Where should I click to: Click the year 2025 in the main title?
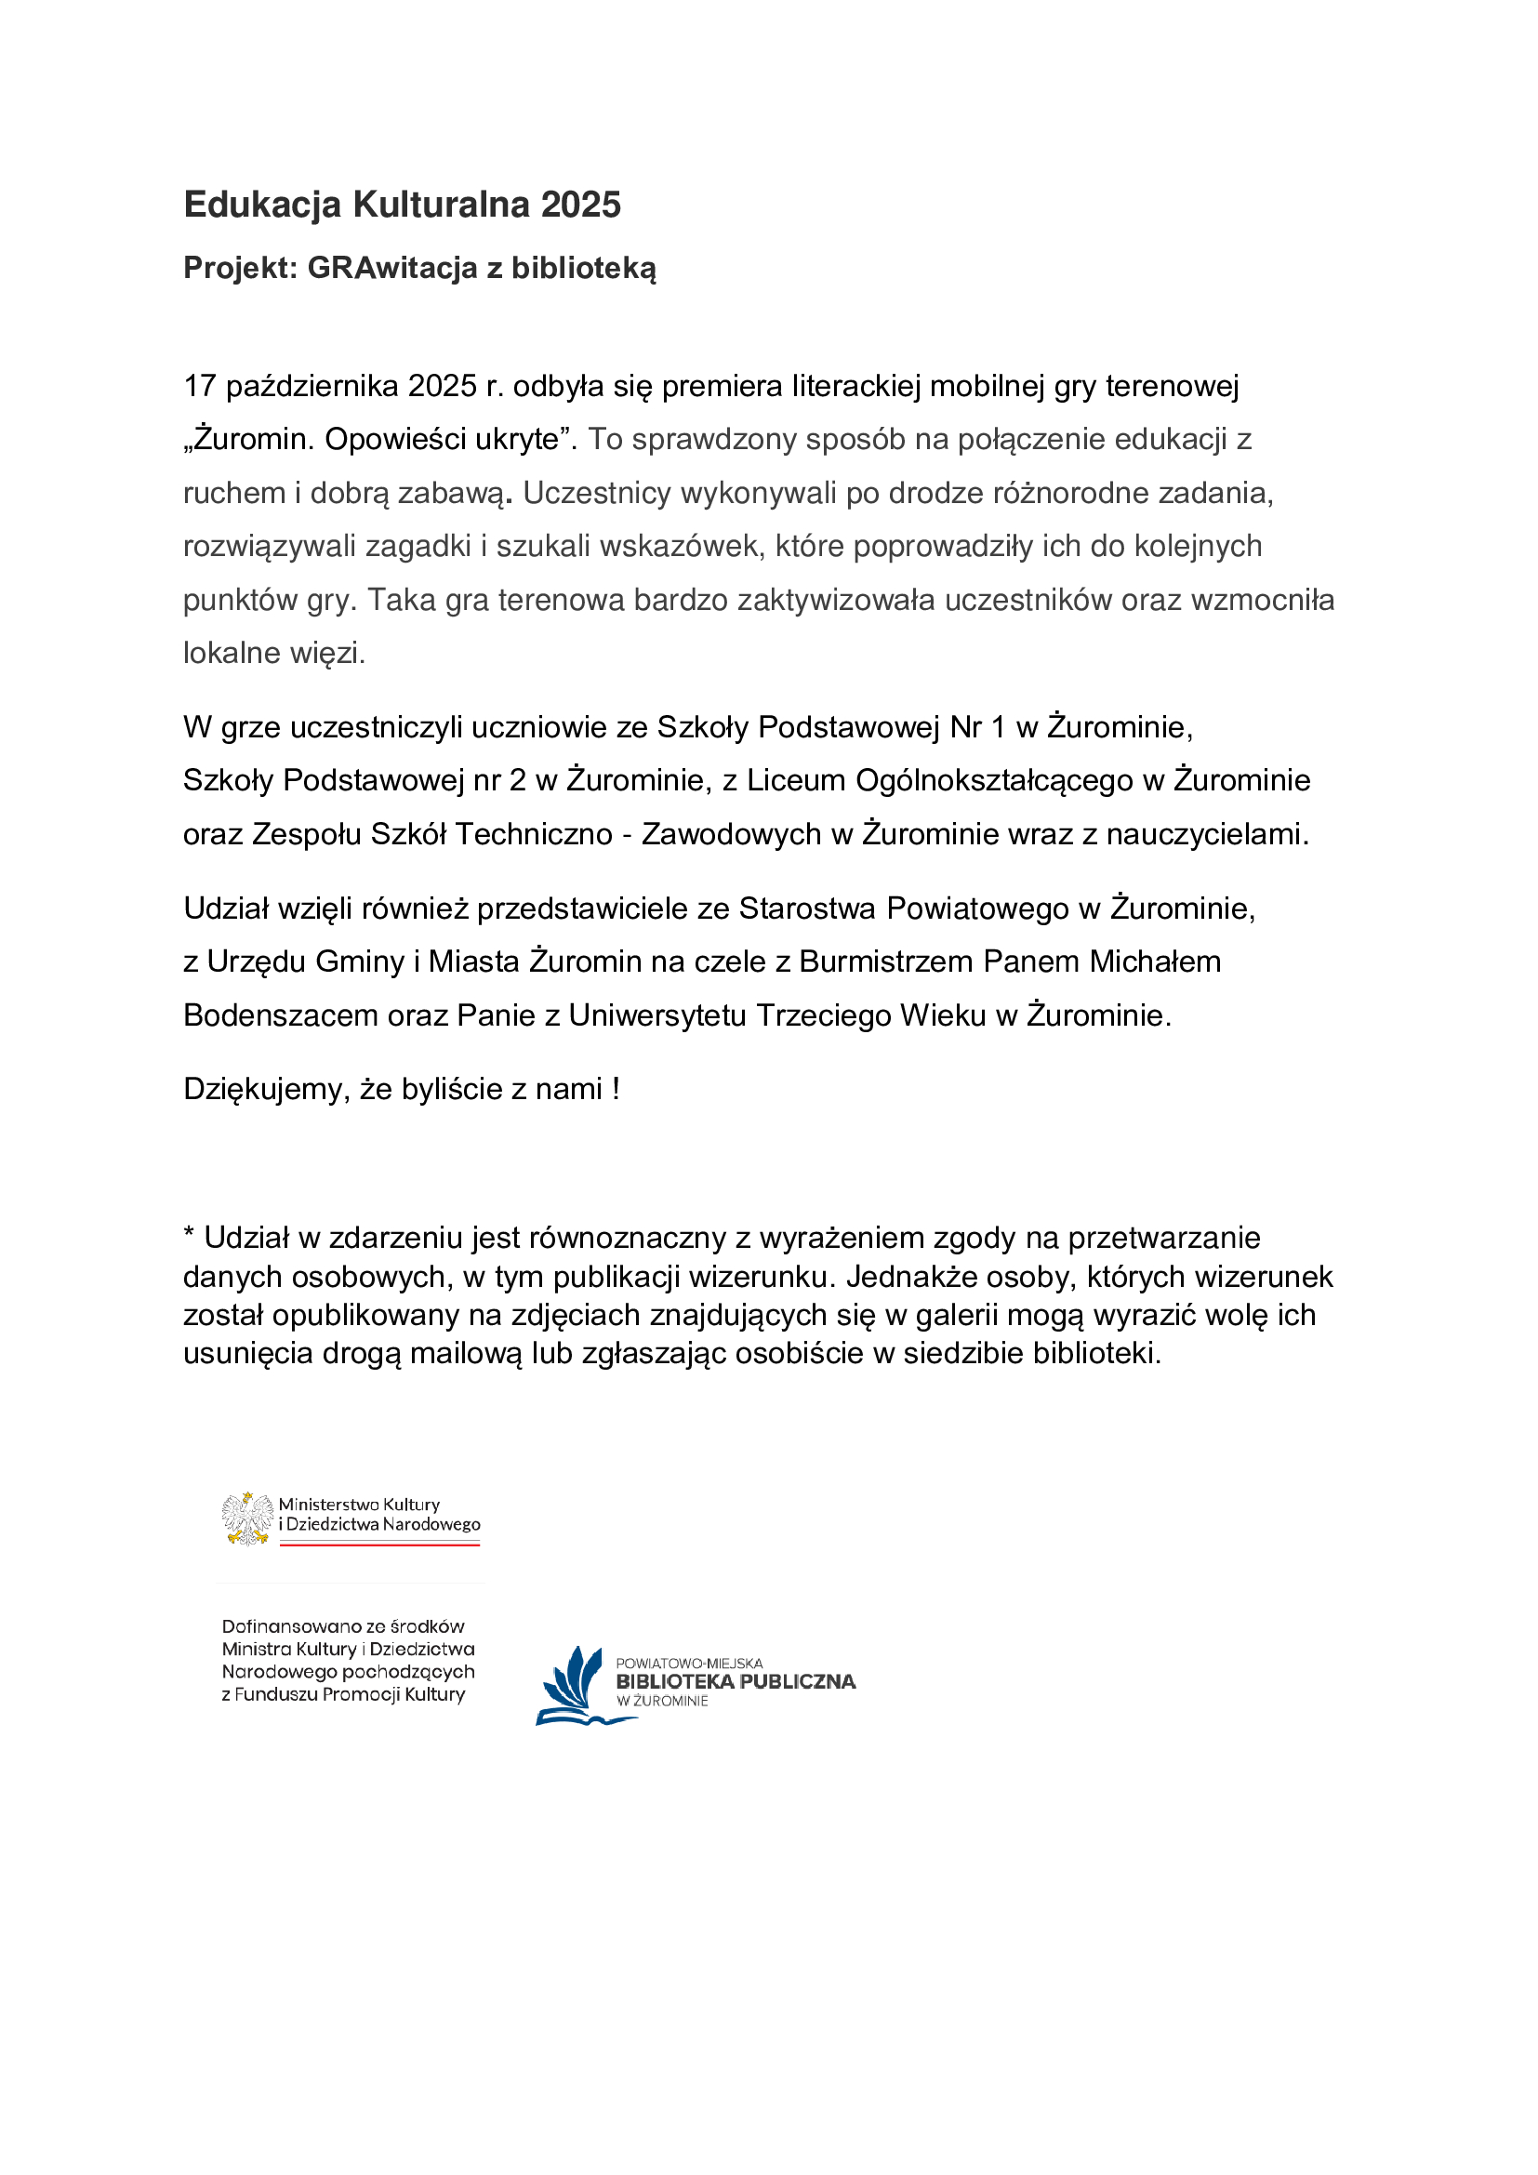click(x=580, y=205)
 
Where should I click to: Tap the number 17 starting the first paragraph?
click(x=200, y=387)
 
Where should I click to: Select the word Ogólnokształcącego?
click(x=994, y=780)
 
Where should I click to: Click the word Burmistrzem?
click(x=885, y=962)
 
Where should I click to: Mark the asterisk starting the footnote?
click(x=190, y=1234)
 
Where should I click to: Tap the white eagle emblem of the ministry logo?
click(x=247, y=1519)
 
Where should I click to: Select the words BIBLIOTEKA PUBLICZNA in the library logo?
click(x=735, y=1681)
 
